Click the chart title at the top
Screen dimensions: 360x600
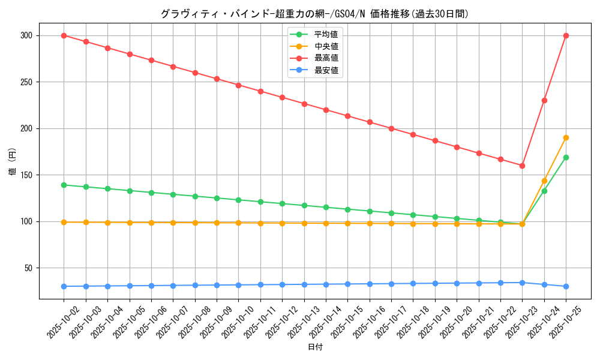click(x=314, y=13)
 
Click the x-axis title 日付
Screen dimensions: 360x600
click(x=315, y=347)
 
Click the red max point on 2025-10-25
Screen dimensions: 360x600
click(x=566, y=35)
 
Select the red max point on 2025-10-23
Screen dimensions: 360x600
click(x=522, y=166)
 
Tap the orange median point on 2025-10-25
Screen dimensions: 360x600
click(x=566, y=137)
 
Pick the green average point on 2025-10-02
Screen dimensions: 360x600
click(x=64, y=185)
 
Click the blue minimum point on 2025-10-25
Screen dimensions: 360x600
click(x=566, y=286)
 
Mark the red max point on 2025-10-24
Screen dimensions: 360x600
click(x=544, y=100)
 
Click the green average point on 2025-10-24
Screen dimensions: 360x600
click(x=544, y=191)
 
